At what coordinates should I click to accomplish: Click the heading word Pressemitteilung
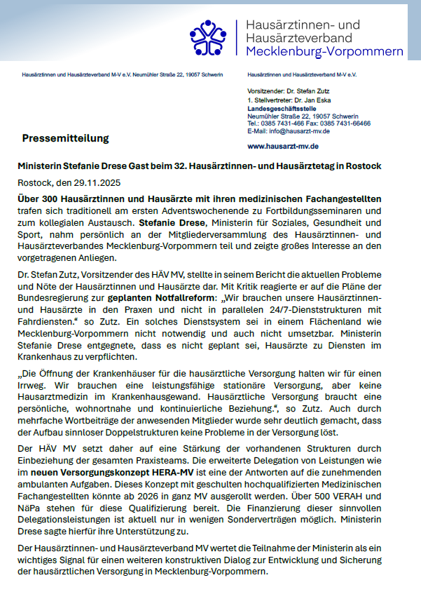66,138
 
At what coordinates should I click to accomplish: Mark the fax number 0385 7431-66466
347,123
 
